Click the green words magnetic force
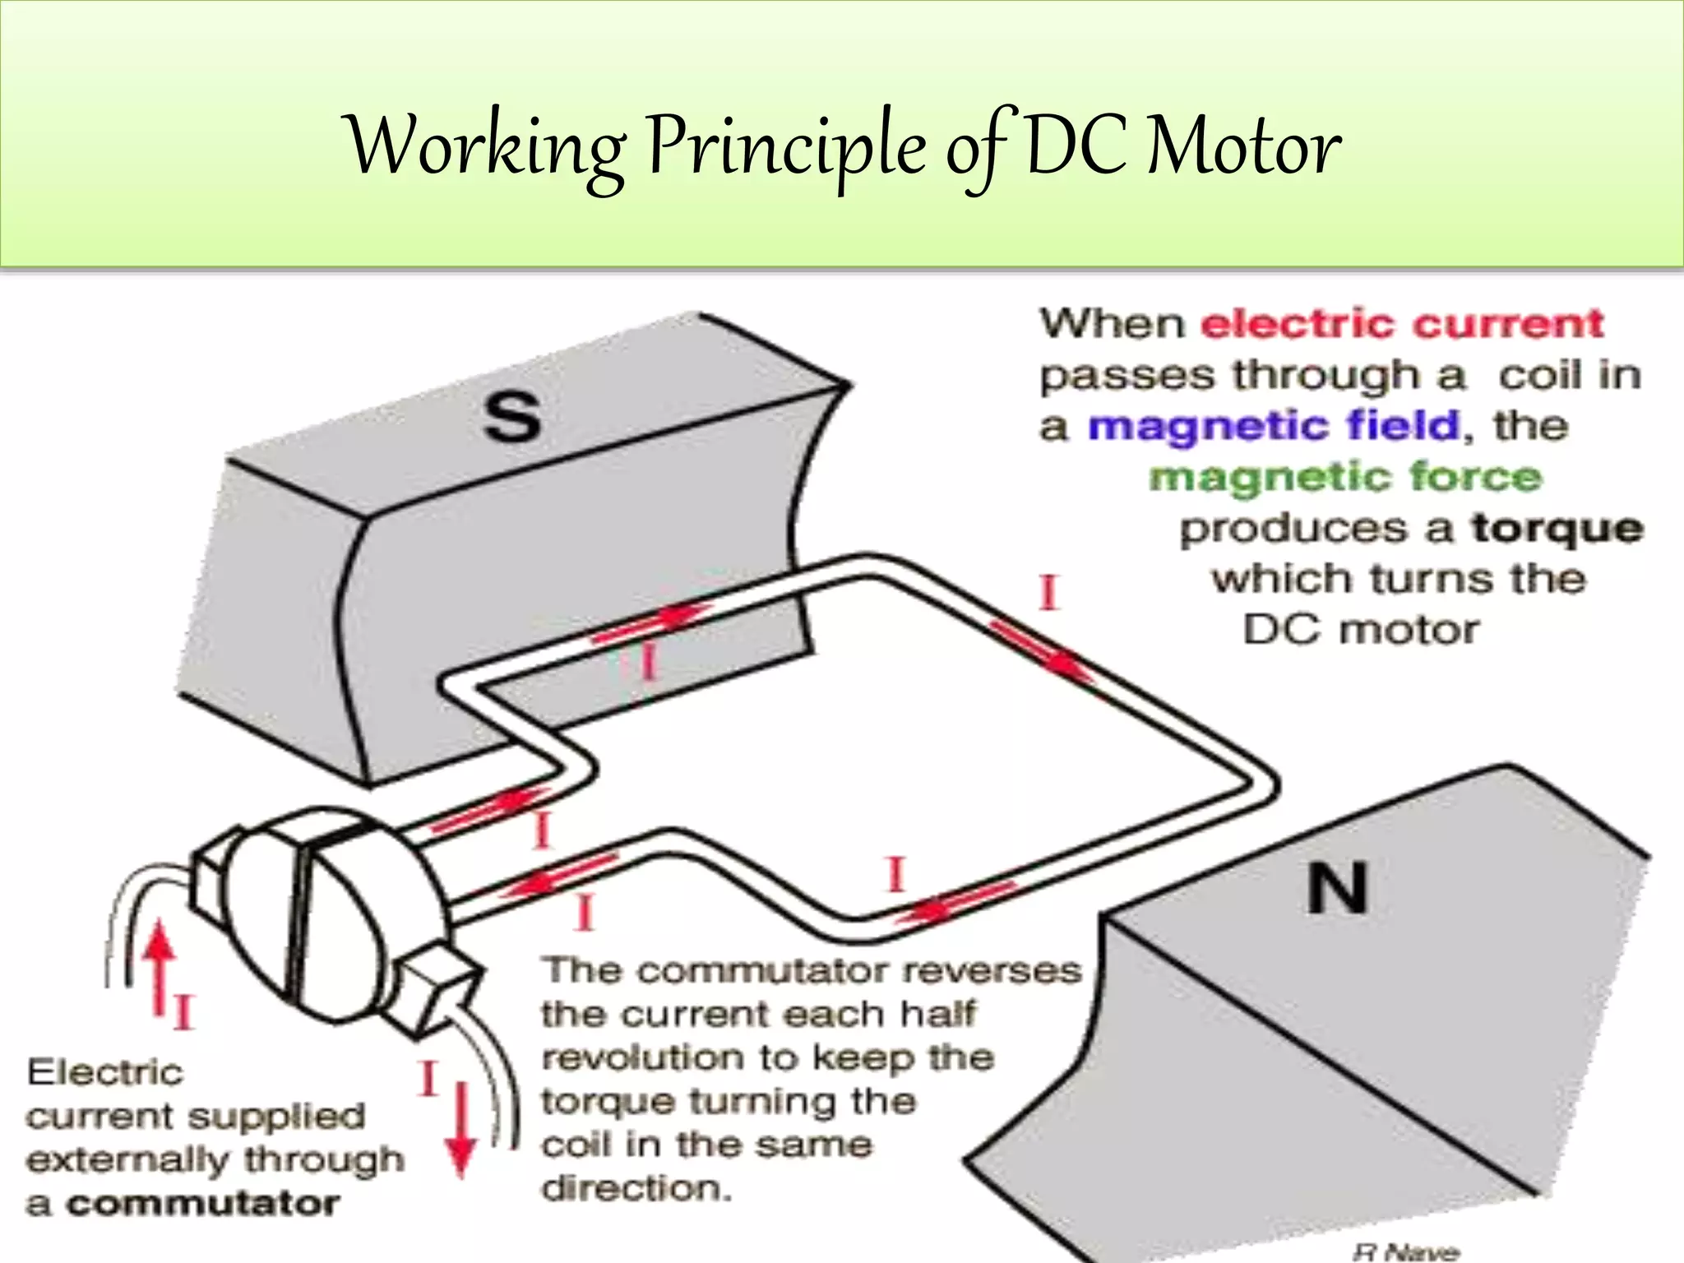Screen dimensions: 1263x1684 (x=1345, y=477)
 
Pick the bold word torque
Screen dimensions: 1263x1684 (x=1557, y=528)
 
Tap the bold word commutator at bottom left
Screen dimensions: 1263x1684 (x=202, y=1204)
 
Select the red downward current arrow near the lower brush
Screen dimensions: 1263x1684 (x=461, y=1127)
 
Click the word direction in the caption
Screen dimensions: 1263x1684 (x=635, y=1188)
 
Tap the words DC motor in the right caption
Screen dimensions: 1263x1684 (x=1361, y=631)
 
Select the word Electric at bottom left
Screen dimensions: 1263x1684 (x=104, y=1073)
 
